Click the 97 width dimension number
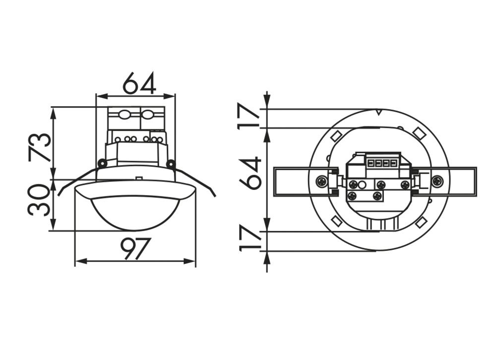135,248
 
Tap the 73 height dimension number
40,147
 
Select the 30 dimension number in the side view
40,200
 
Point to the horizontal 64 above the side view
139,83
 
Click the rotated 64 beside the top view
251,173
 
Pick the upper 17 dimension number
251,116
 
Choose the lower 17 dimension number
251,239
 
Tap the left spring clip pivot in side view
102,163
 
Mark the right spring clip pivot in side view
171,163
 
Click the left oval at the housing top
124,115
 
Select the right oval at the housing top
147,115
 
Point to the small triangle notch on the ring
378,113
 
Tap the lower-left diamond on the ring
336,221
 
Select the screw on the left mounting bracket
322,181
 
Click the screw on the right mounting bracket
437,181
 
